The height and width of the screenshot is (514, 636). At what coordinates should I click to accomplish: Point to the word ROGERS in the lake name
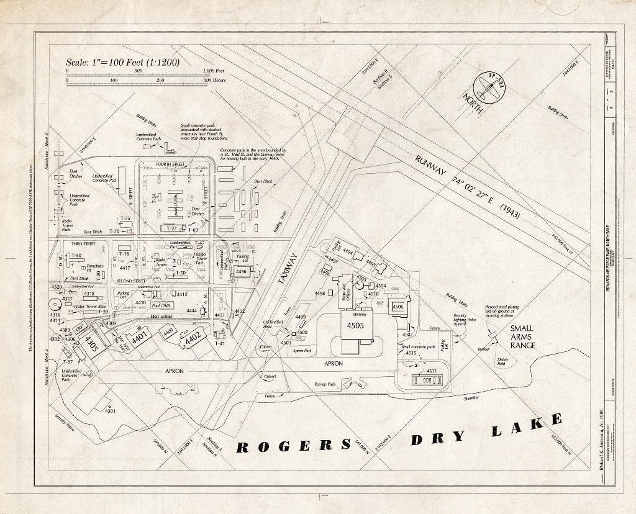click(x=293, y=446)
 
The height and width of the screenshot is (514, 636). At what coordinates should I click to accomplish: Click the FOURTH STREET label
click(x=170, y=164)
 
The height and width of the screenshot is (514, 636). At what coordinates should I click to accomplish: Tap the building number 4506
click(x=397, y=306)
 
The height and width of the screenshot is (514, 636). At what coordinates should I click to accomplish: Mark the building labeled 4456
click(x=241, y=271)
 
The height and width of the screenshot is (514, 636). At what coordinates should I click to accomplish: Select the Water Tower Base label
click(x=91, y=306)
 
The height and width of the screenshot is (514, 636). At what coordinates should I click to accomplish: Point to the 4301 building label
click(x=111, y=411)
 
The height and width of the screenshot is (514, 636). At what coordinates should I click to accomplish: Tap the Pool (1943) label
click(x=161, y=305)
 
